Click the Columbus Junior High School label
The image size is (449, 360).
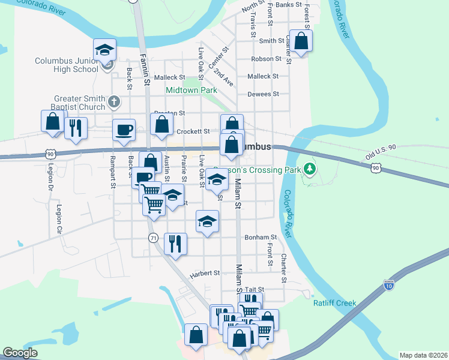click(66, 65)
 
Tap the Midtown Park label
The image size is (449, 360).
click(191, 89)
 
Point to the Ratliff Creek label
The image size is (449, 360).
click(335, 303)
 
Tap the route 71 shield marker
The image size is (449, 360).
click(153, 238)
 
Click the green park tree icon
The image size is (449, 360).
click(310, 169)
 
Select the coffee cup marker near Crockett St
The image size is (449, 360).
click(124, 130)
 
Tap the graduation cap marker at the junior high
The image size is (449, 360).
click(104, 50)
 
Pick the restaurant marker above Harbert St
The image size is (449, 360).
click(175, 243)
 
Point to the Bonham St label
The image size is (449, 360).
click(261, 238)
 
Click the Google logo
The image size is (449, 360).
click(20, 353)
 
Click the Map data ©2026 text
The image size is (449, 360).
click(423, 355)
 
